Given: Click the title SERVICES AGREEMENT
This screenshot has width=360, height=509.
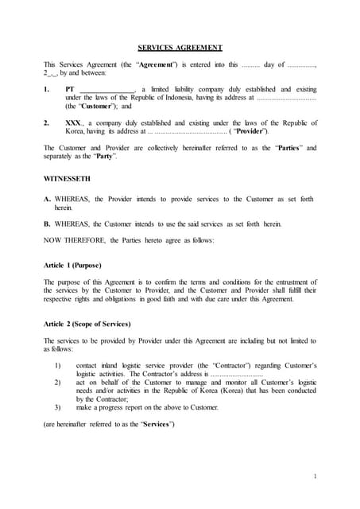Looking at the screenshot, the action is click(x=180, y=48).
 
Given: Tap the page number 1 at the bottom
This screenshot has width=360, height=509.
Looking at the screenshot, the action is click(x=315, y=476).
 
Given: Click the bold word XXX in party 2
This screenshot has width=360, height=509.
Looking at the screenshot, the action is click(x=73, y=123).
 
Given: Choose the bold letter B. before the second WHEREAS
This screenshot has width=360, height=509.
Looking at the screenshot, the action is click(x=48, y=223).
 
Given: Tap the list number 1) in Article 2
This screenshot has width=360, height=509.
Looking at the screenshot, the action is click(x=58, y=365).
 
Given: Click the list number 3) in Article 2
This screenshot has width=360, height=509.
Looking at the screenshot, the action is click(x=58, y=406).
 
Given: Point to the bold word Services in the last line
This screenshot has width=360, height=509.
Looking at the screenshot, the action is click(x=155, y=423).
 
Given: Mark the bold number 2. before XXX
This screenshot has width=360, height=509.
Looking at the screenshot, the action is click(x=47, y=123).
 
